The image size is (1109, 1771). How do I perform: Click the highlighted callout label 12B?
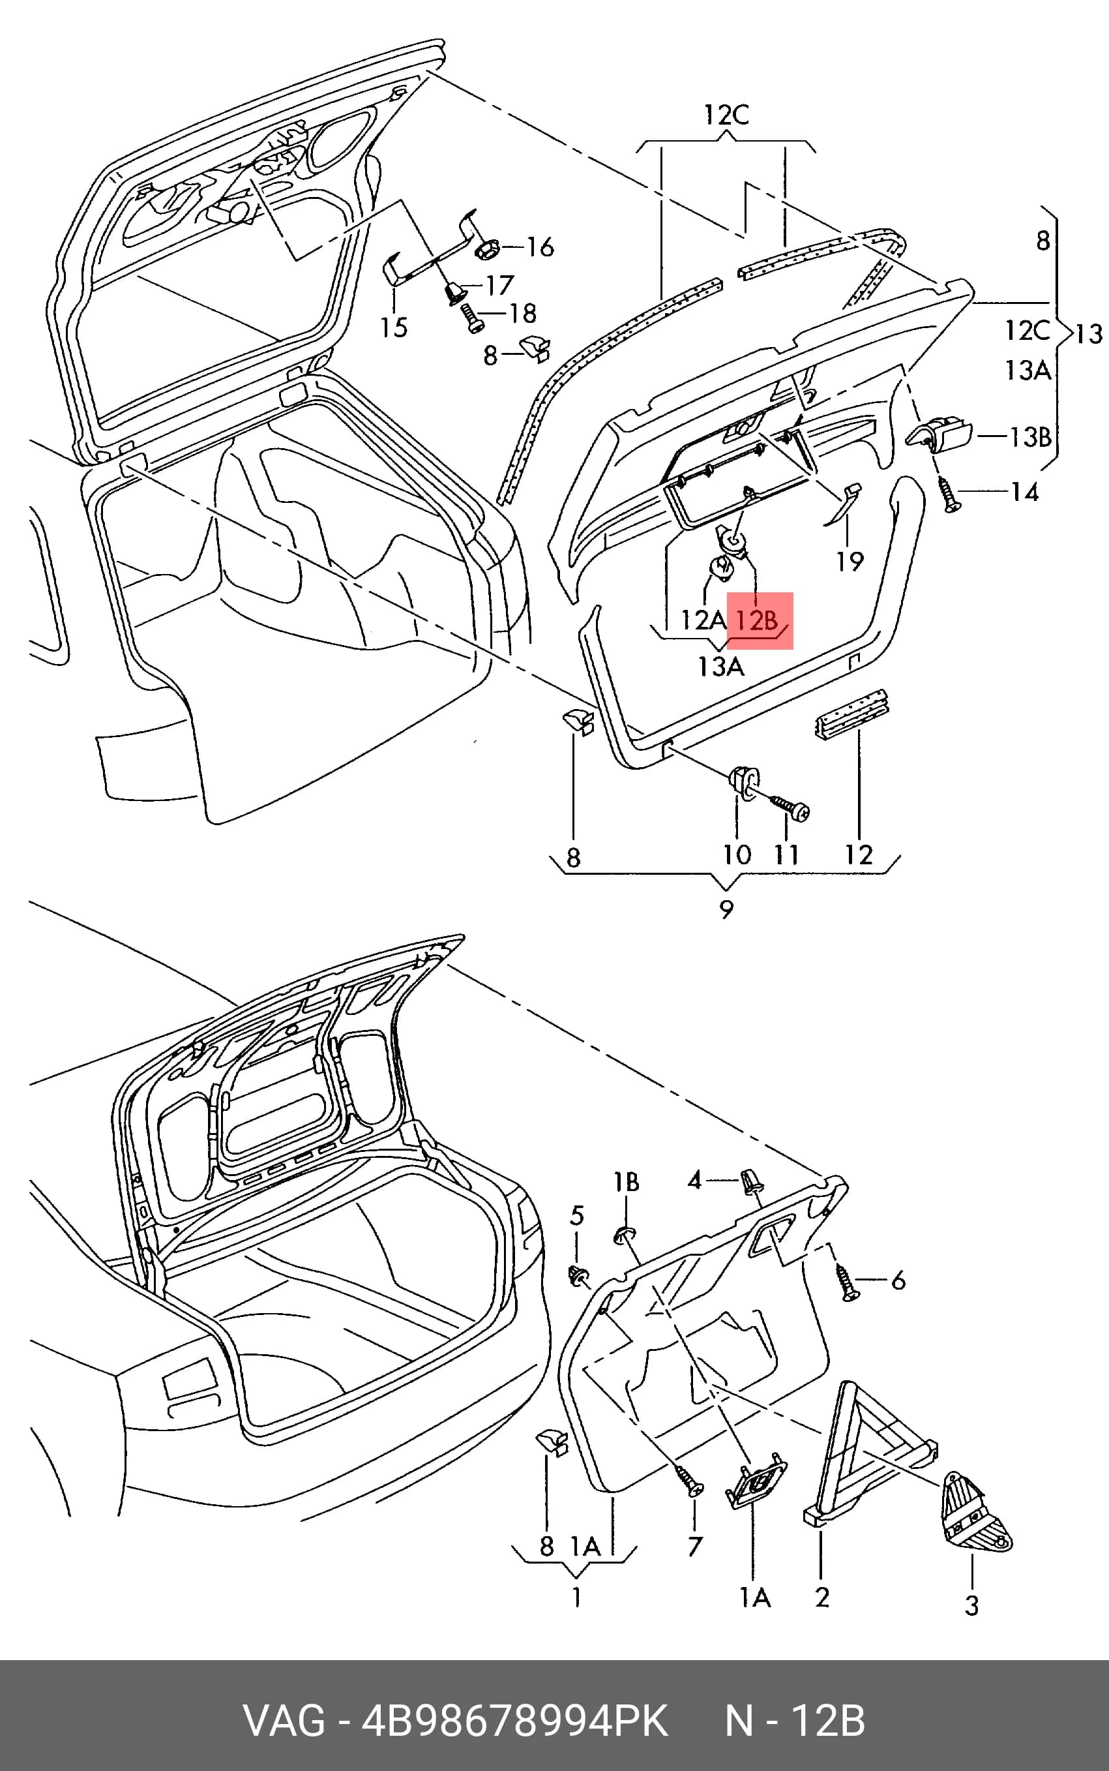click(x=756, y=620)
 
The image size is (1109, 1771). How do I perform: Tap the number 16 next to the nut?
click(x=540, y=247)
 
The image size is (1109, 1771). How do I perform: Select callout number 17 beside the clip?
click(x=499, y=286)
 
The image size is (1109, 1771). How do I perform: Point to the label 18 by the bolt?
click(x=523, y=314)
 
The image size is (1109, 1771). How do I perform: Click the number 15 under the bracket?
click(x=394, y=327)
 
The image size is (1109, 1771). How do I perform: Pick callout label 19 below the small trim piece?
click(x=850, y=561)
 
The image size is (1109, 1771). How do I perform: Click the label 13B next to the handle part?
click(x=1031, y=437)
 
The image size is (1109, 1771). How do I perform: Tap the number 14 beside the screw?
click(x=1025, y=492)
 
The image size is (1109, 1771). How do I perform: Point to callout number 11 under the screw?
click(x=786, y=855)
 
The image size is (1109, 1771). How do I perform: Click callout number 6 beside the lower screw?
click(x=898, y=1281)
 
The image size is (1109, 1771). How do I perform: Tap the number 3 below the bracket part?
click(x=972, y=1606)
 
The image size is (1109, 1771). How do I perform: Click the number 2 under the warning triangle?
click(x=822, y=1597)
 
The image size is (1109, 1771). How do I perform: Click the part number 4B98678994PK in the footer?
click(x=515, y=1721)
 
